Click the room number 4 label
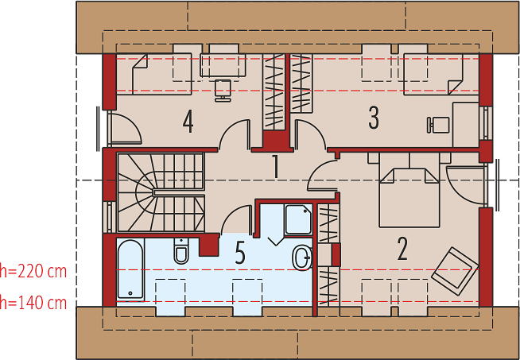[188, 122]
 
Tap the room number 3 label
[374, 118]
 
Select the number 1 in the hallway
[275, 166]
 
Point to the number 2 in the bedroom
[402, 249]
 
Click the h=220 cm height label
[33, 272]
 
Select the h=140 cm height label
[33, 303]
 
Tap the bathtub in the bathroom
[130, 269]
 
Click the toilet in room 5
[181, 250]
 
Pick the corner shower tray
[298, 220]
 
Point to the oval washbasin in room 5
[302, 258]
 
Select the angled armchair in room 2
[455, 271]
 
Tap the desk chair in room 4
[223, 91]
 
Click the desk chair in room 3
[438, 125]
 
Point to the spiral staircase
[161, 192]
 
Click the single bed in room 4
[154, 74]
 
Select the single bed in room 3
[441, 74]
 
